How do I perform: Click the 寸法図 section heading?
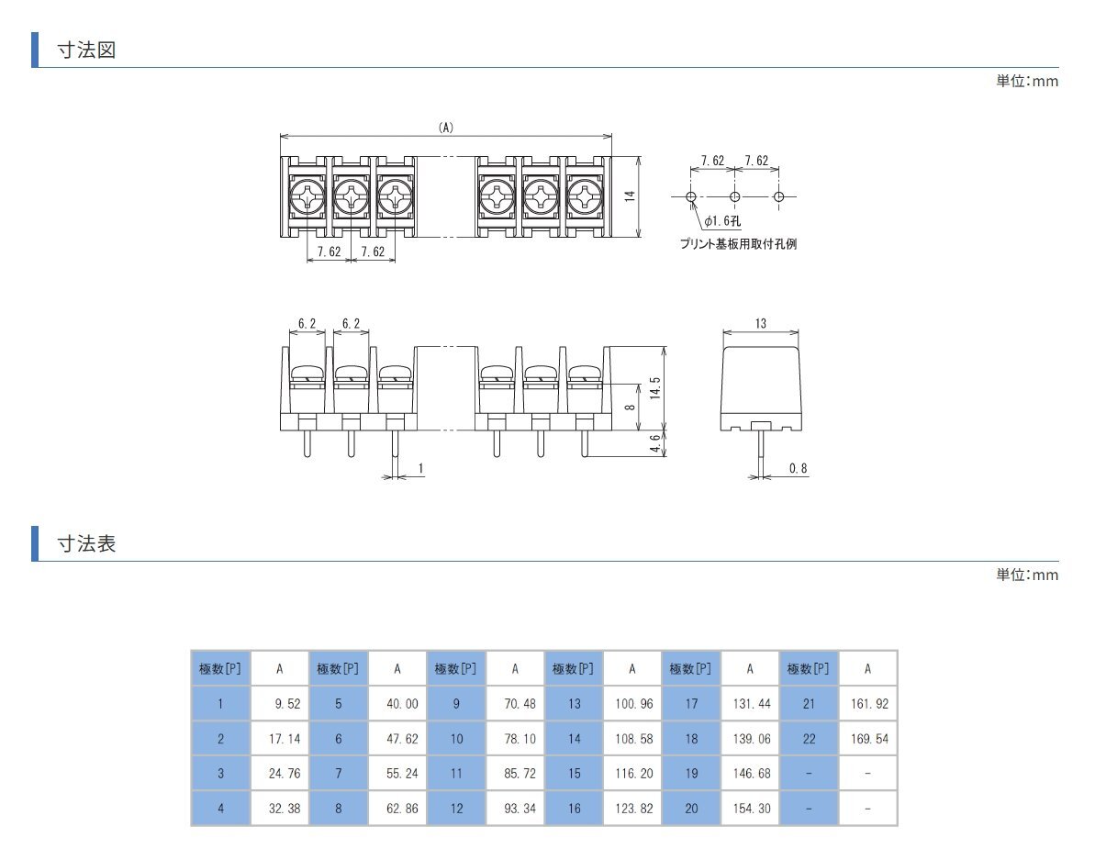(x=85, y=50)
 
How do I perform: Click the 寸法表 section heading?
(x=85, y=543)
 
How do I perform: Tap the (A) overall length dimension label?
(x=446, y=128)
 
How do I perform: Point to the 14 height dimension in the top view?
(x=631, y=197)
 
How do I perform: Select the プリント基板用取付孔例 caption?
(x=738, y=244)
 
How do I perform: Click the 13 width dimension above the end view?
(x=761, y=324)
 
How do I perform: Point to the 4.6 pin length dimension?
(x=654, y=444)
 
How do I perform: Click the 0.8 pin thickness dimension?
(x=798, y=469)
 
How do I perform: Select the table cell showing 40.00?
(x=397, y=703)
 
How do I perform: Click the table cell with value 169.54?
(x=867, y=738)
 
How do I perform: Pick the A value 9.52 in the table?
(x=280, y=703)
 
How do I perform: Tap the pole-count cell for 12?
(x=456, y=809)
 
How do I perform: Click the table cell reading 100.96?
(x=632, y=703)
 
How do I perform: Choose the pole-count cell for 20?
(x=691, y=809)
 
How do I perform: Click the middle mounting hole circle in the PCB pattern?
(x=735, y=196)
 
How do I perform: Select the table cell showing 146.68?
(x=750, y=773)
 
